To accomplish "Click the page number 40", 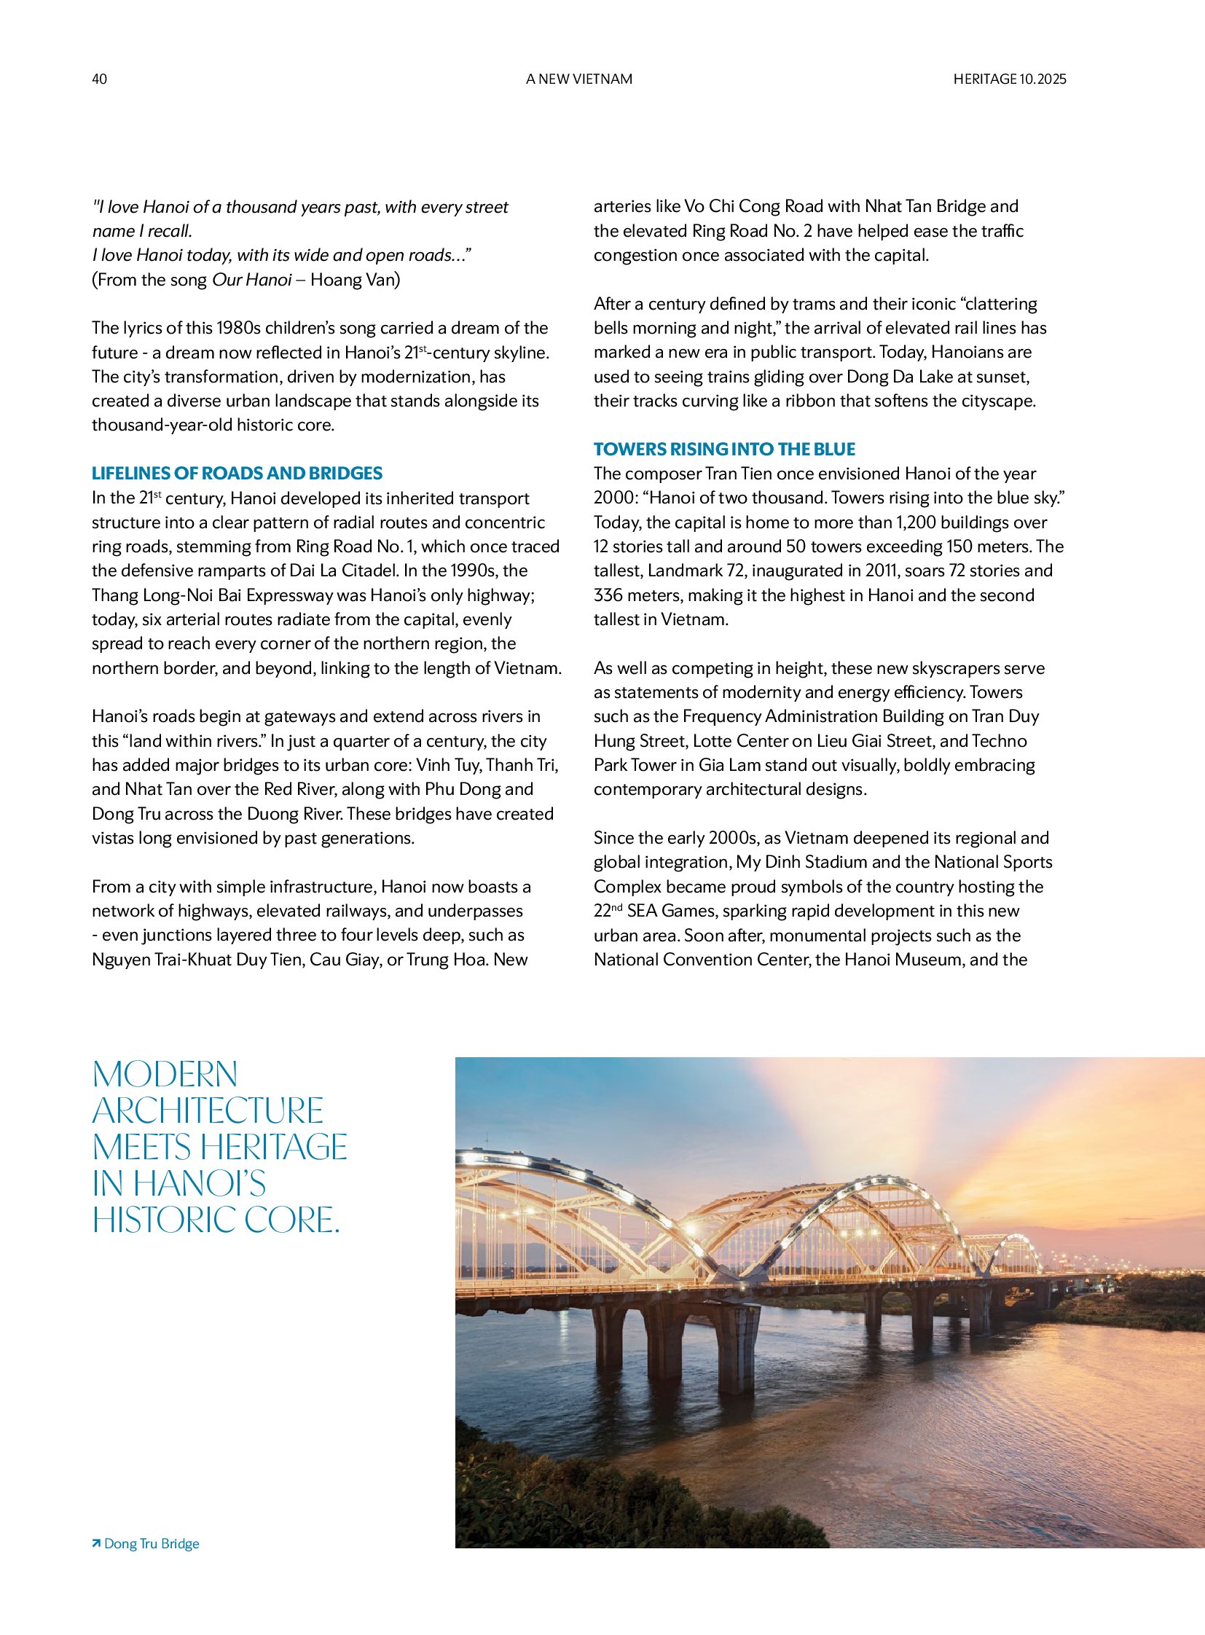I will tap(99, 79).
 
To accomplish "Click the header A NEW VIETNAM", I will tap(579, 79).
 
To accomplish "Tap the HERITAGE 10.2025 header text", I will tap(1009, 79).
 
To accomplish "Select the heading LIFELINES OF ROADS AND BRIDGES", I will tap(237, 473).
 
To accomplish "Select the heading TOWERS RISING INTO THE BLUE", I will tap(724, 449).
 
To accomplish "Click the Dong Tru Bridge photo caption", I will tap(152, 1543).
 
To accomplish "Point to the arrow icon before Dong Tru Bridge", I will tap(96, 1543).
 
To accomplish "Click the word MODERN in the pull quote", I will tap(165, 1075).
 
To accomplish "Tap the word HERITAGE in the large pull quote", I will tap(274, 1147).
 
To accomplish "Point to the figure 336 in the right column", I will tap(608, 595).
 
